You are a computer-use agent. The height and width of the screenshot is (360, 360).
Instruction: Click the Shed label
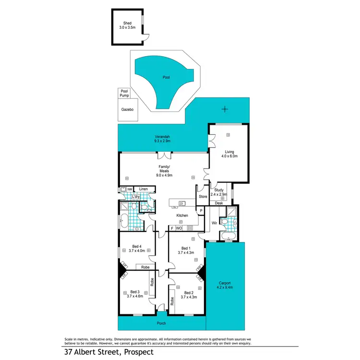127,25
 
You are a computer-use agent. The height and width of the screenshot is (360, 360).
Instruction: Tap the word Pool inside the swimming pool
166,77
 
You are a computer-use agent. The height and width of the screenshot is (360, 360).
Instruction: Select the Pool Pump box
124,93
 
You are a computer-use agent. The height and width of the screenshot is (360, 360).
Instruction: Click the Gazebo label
127,110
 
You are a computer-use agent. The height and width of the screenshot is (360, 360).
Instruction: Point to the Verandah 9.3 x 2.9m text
162,139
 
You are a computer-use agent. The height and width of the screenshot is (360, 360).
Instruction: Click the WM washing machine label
130,190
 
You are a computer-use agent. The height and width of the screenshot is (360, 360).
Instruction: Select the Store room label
203,196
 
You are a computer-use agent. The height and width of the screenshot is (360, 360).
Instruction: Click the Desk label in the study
218,203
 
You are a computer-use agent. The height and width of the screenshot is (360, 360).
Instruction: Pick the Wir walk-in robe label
216,223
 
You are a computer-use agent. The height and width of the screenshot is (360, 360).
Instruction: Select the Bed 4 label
136,248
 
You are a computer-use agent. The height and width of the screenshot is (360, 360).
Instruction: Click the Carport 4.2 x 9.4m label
225,286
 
